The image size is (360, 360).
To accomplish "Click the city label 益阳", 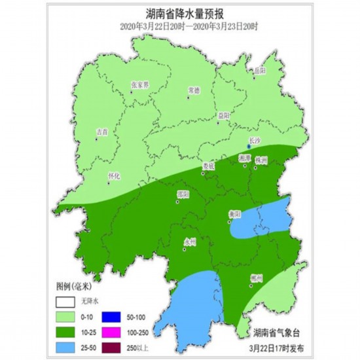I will pos(225,115).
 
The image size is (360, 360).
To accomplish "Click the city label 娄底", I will pos(209,166).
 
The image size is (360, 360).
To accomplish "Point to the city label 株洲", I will pos(262,159).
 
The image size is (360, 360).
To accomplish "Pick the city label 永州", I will pos(190,241).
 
